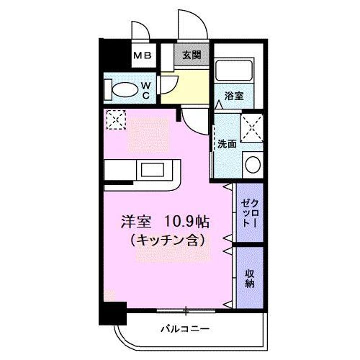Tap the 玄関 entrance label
click(x=192, y=55)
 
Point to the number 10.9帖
click(x=187, y=220)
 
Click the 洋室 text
click(x=134, y=220)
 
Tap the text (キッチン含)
click(x=167, y=241)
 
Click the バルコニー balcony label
click(x=184, y=329)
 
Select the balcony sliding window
click(x=186, y=312)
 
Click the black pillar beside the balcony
click(x=112, y=314)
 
